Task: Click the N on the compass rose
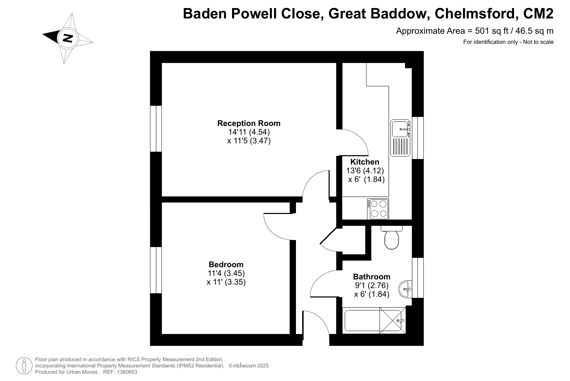(68, 38)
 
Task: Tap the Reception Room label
(249, 123)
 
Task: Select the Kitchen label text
(365, 162)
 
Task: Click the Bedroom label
(226, 264)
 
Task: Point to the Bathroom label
(372, 277)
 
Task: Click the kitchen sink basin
(400, 129)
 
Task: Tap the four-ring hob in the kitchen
(378, 209)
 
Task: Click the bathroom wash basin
(405, 289)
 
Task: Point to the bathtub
(374, 320)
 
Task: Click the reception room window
(156, 129)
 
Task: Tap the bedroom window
(156, 270)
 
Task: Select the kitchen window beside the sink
(418, 138)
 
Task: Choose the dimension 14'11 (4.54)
(249, 132)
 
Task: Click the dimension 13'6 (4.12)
(365, 170)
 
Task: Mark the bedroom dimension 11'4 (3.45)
(226, 273)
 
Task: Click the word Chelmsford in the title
(475, 14)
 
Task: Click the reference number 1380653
(127, 372)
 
